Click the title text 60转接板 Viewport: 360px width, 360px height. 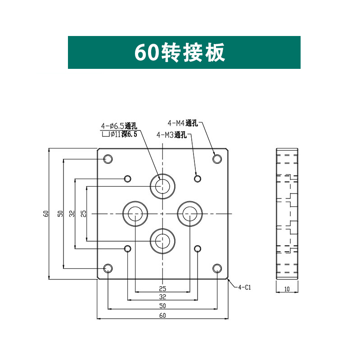[x=180, y=53]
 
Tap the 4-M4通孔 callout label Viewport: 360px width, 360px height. [x=182, y=122]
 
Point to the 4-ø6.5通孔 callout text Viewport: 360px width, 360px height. [x=118, y=126]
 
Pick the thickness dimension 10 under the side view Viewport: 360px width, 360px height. [x=287, y=289]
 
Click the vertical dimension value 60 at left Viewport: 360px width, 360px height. [x=46, y=213]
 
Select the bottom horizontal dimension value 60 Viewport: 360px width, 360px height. [x=162, y=315]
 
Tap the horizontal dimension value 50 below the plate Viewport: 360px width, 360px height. [x=162, y=306]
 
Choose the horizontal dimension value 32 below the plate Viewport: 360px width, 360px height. [x=162, y=297]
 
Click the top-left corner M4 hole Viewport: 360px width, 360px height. [x=108, y=158]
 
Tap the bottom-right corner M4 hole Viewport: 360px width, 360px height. [x=217, y=269]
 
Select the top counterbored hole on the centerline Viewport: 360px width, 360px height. [x=162, y=185]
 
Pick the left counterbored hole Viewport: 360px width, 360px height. [x=135, y=213]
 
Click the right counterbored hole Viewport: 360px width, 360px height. [x=190, y=213]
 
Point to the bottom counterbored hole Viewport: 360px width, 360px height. [x=162, y=241]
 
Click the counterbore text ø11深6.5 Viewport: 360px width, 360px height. [x=121, y=134]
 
